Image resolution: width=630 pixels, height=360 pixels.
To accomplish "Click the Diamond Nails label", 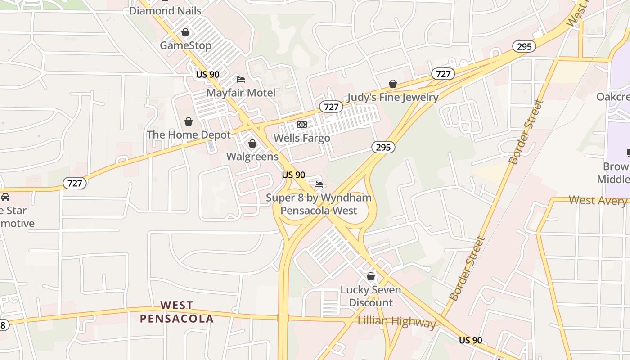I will (x=165, y=10).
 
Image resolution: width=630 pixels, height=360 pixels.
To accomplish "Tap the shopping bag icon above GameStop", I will (x=185, y=32).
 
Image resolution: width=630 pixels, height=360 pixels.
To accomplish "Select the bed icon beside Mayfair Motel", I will (x=241, y=80).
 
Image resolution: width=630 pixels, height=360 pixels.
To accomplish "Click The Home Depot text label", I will (x=189, y=135).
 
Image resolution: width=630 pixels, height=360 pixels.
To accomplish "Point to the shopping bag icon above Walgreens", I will (x=252, y=144).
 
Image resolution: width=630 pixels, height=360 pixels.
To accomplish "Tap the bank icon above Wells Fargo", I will (x=302, y=125).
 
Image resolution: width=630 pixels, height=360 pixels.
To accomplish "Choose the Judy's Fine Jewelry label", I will (x=393, y=97).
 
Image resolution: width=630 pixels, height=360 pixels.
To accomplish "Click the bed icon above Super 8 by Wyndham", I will (x=319, y=184).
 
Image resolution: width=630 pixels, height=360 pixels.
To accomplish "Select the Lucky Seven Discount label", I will (x=371, y=296).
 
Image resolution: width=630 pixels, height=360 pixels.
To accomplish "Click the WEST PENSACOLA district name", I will (x=176, y=312).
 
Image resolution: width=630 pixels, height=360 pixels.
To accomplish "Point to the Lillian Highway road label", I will (x=396, y=321).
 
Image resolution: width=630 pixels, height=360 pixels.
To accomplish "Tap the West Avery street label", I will (x=598, y=200).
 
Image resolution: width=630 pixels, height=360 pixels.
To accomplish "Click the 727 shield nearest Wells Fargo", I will (x=331, y=107).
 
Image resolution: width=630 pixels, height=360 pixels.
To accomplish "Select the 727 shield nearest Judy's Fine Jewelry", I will (x=443, y=74).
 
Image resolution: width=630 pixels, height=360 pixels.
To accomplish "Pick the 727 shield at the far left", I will (x=75, y=183).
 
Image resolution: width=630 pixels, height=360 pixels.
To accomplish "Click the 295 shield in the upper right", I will (x=524, y=46).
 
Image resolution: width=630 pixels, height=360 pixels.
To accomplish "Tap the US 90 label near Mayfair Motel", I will (x=207, y=74).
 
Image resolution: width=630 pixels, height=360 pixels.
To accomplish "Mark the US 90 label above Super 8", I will (x=293, y=175).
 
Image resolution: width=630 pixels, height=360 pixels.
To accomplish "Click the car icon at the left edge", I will (x=5, y=197).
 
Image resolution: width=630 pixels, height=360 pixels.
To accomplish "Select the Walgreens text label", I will (x=252, y=157).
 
